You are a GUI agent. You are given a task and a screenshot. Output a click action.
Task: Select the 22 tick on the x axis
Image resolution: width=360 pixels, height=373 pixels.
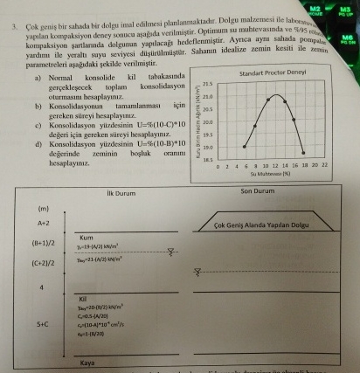point(324,166)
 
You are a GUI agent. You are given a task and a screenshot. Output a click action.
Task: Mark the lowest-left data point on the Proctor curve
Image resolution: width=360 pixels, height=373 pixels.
point(244,146)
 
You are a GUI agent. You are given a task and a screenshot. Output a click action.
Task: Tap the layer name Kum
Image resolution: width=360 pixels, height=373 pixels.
point(87,237)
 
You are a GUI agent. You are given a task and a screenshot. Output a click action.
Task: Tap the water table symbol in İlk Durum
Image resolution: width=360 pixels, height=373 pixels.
point(172,252)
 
